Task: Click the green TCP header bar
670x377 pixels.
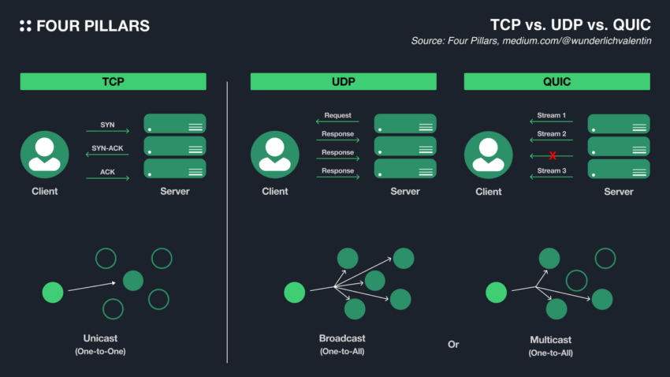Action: point(113,81)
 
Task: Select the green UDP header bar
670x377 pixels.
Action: point(343,81)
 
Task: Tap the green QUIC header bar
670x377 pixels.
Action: point(556,81)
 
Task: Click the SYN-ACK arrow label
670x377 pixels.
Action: point(108,147)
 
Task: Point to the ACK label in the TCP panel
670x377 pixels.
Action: point(107,170)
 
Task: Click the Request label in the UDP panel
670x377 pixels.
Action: point(337,115)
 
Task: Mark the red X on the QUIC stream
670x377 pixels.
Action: point(553,156)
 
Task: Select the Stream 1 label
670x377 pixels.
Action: point(552,115)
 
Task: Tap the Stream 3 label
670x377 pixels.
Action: point(552,170)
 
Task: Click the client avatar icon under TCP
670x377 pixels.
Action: point(44,155)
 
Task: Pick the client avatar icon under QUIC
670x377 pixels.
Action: point(489,155)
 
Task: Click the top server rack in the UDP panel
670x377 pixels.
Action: point(405,124)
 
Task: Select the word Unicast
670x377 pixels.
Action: point(100,338)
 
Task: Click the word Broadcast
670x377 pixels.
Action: point(342,338)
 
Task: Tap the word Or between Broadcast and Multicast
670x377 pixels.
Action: point(452,345)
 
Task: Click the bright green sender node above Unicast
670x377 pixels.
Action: point(53,293)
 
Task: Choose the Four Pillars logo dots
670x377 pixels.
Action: point(25,26)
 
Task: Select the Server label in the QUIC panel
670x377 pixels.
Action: point(619,192)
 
